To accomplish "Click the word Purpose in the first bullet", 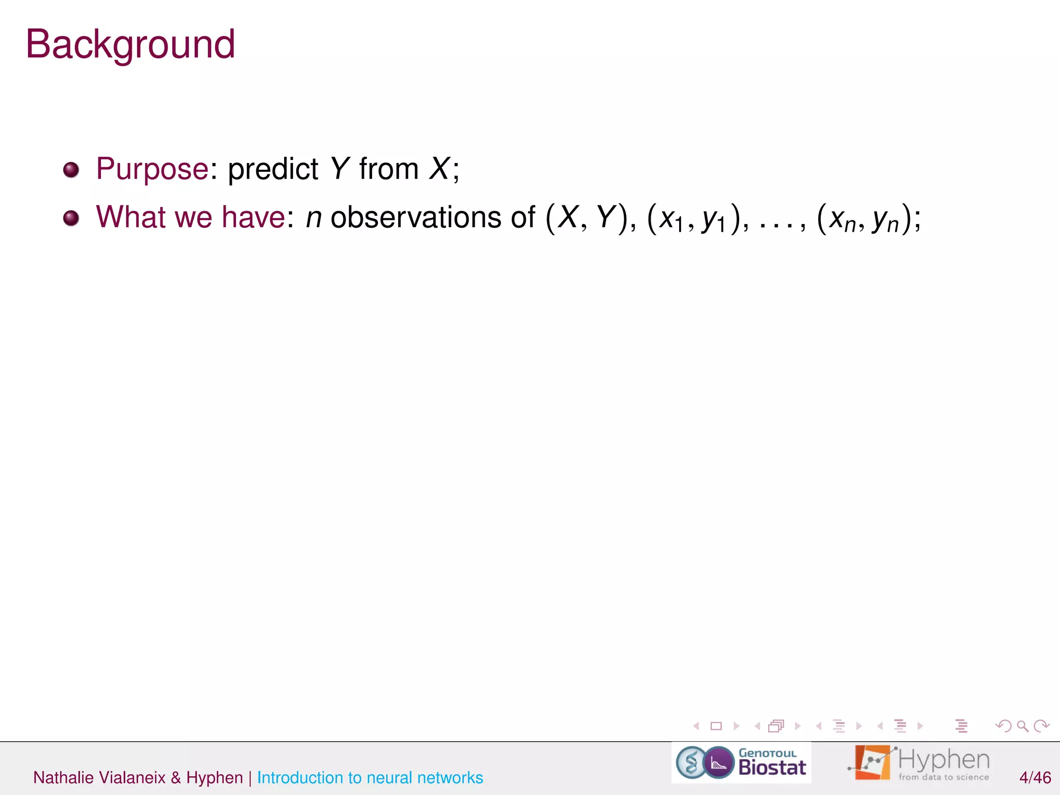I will [x=152, y=169].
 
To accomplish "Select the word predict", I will [x=273, y=169].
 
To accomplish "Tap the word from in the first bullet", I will [x=389, y=169].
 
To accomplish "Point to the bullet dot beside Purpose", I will [x=71, y=170].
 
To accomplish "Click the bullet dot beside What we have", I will [x=71, y=218].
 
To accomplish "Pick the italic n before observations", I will [x=314, y=217].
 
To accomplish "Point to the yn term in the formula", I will [x=886, y=220].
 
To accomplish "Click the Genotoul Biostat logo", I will [x=741, y=763].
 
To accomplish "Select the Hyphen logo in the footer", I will [x=918, y=763].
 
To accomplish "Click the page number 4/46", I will [x=1035, y=777].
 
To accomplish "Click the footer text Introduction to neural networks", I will [x=370, y=777].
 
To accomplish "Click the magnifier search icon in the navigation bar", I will [x=1022, y=726].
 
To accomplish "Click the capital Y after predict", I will [x=340, y=169].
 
